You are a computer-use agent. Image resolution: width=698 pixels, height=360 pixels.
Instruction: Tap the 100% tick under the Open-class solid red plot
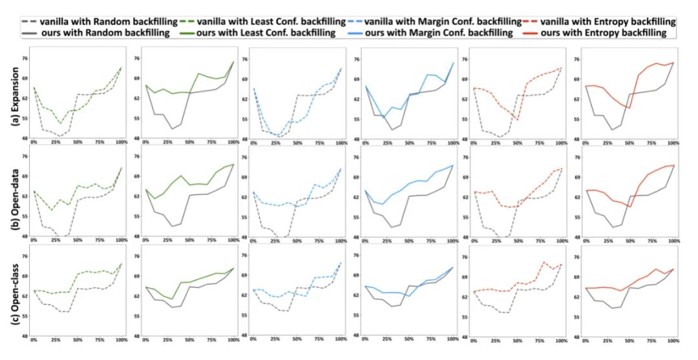point(673,340)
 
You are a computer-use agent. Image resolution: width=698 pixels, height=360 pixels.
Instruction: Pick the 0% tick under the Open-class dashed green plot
point(34,340)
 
